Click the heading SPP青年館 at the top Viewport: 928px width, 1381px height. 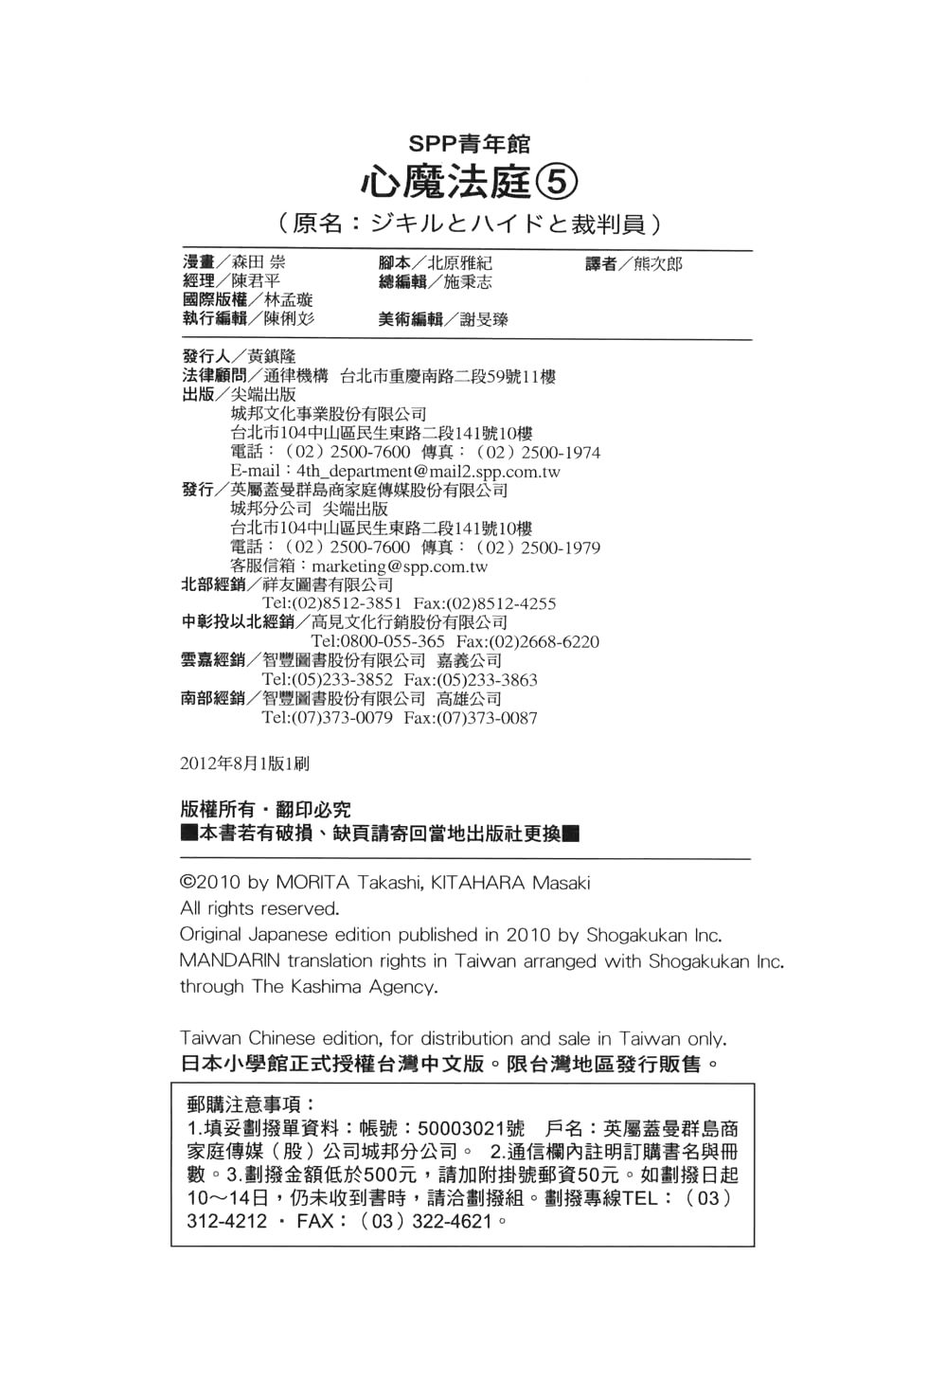point(469,144)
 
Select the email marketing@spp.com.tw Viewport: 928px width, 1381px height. point(400,566)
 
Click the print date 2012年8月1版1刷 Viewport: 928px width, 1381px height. point(243,762)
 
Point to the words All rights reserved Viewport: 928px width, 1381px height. point(259,908)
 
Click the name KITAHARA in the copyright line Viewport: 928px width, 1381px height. point(477,883)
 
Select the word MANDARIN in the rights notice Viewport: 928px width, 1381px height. point(230,960)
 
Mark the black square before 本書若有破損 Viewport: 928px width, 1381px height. point(188,834)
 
